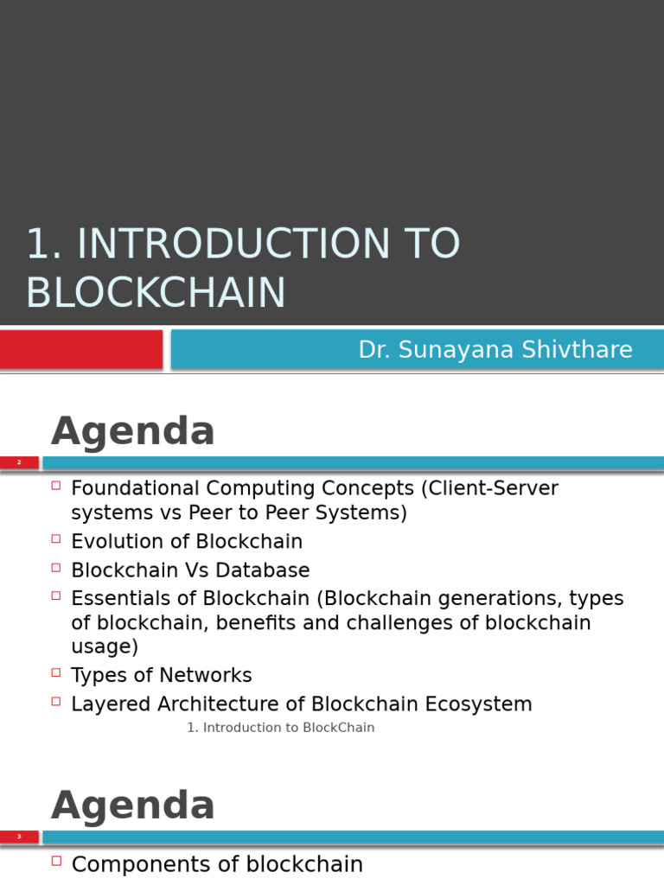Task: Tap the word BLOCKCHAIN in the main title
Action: (156, 293)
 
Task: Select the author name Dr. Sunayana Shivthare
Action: (495, 350)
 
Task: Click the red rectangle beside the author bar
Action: (81, 350)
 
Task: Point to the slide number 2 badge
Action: (19, 463)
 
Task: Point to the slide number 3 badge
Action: (19, 837)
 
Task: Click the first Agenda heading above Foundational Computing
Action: (133, 431)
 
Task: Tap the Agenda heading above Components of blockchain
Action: (133, 806)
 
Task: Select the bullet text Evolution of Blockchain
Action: (187, 542)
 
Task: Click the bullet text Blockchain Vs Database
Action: (190, 570)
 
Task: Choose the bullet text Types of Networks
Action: (162, 675)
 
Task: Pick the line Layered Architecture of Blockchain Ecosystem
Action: (301, 704)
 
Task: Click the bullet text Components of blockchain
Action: (217, 864)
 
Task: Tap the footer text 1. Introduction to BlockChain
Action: (281, 728)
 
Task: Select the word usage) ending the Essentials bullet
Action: (105, 646)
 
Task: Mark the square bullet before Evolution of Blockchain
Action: (56, 538)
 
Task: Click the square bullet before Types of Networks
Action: (56, 672)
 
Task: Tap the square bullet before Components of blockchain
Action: (56, 861)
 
